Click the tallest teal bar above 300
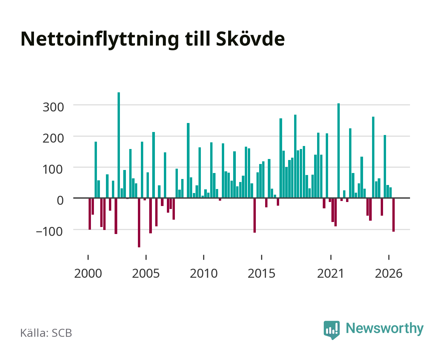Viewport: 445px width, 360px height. (119, 145)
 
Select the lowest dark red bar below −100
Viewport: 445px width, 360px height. (139, 222)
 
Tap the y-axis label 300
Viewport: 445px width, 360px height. (53, 107)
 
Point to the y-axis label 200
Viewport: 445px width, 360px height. (53, 138)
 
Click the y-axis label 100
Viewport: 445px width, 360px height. (52, 170)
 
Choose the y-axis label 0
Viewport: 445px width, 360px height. (60, 200)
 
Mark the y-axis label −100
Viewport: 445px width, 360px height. (49, 232)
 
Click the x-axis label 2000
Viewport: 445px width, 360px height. (88, 273)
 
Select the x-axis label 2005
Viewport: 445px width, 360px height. (146, 273)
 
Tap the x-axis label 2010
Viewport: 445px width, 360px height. (204, 273)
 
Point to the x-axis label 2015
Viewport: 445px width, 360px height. (261, 273)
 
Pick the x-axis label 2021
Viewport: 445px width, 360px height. (330, 273)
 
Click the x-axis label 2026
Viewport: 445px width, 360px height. (389, 273)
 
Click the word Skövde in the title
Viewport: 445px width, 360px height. (250, 39)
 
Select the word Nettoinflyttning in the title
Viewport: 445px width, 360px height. (100, 40)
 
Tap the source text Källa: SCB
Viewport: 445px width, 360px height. (46, 333)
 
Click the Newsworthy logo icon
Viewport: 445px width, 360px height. (331, 330)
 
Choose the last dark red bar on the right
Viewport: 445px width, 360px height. (393, 215)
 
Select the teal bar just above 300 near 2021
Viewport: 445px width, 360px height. (338, 151)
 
